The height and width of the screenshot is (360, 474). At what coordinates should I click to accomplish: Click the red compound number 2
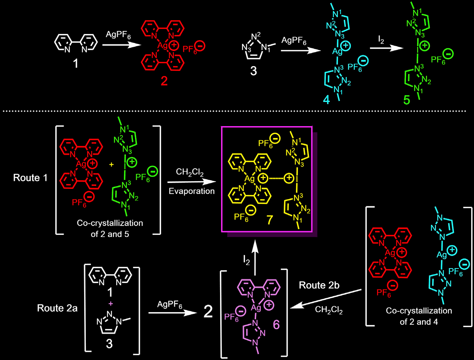164,81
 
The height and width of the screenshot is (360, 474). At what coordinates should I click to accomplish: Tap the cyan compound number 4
326,100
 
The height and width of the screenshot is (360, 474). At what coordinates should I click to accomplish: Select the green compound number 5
407,100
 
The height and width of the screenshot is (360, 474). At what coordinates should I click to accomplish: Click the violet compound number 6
276,324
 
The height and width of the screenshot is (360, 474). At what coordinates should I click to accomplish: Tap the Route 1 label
30,178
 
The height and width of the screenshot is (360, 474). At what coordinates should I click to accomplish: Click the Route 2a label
57,308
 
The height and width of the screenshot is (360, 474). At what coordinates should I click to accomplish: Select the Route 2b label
319,285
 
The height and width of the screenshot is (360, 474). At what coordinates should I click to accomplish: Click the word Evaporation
191,191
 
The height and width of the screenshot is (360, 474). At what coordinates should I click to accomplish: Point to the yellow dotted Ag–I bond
276,178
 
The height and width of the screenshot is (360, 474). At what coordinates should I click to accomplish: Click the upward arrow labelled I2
255,257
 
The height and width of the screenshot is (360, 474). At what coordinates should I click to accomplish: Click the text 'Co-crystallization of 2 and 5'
110,228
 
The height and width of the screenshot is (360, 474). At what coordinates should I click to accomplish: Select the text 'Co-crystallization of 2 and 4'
419,316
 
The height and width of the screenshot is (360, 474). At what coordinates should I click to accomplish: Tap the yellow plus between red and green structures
111,165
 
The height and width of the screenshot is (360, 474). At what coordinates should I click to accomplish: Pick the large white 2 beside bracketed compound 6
208,312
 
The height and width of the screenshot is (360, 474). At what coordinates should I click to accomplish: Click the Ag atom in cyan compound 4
337,51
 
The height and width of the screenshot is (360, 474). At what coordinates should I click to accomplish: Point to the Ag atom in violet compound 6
256,308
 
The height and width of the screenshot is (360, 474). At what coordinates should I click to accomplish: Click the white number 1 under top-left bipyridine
75,64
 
